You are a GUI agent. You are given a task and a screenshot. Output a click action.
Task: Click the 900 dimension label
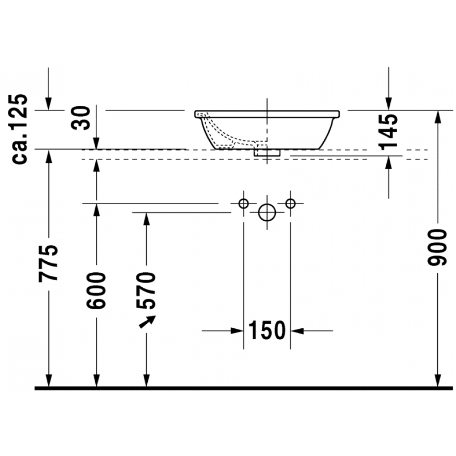(437, 248)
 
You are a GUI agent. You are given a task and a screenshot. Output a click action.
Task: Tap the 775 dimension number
(48, 264)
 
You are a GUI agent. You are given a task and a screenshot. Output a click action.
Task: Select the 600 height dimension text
(96, 290)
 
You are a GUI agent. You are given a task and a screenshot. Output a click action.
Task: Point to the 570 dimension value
(146, 290)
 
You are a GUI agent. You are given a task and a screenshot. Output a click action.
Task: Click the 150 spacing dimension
(267, 330)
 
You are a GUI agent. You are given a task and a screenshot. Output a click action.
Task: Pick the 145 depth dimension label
(389, 132)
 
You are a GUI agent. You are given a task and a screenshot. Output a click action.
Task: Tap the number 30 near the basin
(81, 118)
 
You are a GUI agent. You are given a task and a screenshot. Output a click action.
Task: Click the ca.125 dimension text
(19, 129)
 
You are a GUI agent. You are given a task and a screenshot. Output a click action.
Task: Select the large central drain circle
(267, 212)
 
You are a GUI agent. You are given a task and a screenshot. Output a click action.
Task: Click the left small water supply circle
(244, 203)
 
